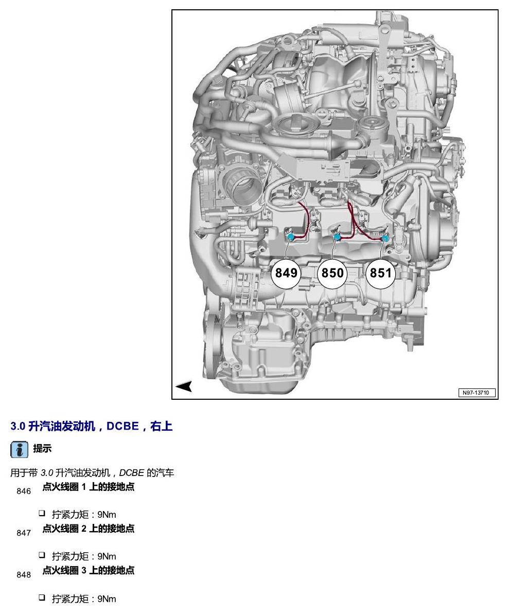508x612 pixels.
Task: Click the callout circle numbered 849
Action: coord(286,273)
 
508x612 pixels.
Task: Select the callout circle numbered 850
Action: coord(332,273)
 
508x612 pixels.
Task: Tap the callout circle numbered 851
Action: coord(380,273)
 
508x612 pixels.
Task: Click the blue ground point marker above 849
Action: coord(290,236)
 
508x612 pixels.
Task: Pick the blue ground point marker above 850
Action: coord(337,236)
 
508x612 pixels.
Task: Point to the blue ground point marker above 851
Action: coord(385,238)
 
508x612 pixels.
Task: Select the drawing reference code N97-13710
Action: coord(476,393)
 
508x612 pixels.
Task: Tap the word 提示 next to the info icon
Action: coord(42,449)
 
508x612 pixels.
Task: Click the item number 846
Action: coord(24,491)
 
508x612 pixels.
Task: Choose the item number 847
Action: coord(24,533)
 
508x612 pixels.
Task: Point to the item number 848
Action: coord(24,574)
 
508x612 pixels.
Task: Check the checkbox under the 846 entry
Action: coord(42,513)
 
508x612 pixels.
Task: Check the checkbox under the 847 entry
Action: coord(42,555)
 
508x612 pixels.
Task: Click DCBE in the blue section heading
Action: coord(123,426)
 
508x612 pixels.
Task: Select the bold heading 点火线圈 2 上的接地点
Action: coord(89,529)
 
